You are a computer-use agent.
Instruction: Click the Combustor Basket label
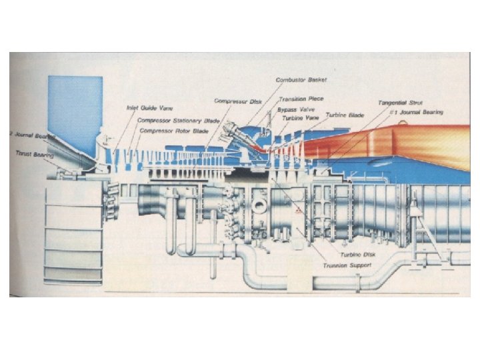pyautogui.click(x=301, y=80)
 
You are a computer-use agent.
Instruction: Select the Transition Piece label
pyautogui.click(x=301, y=99)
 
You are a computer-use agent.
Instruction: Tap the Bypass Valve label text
pyautogui.click(x=295, y=108)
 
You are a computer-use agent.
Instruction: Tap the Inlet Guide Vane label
pyautogui.click(x=147, y=107)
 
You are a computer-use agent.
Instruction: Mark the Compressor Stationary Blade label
pyautogui.click(x=178, y=121)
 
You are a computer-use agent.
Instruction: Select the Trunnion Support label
pyautogui.click(x=347, y=265)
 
